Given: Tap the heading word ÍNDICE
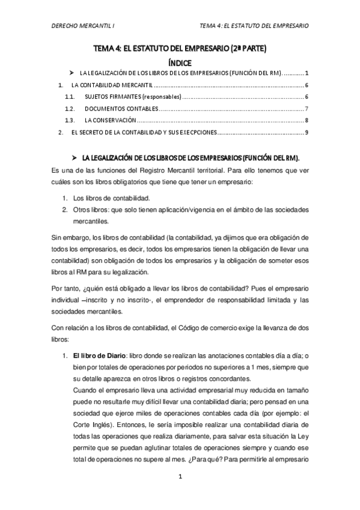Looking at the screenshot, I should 180,62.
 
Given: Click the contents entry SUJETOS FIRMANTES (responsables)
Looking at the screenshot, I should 132,97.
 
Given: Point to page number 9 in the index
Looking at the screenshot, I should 307,132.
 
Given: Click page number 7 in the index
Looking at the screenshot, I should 307,109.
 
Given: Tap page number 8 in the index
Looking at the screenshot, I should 307,120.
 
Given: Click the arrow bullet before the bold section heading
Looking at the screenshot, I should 75,157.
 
